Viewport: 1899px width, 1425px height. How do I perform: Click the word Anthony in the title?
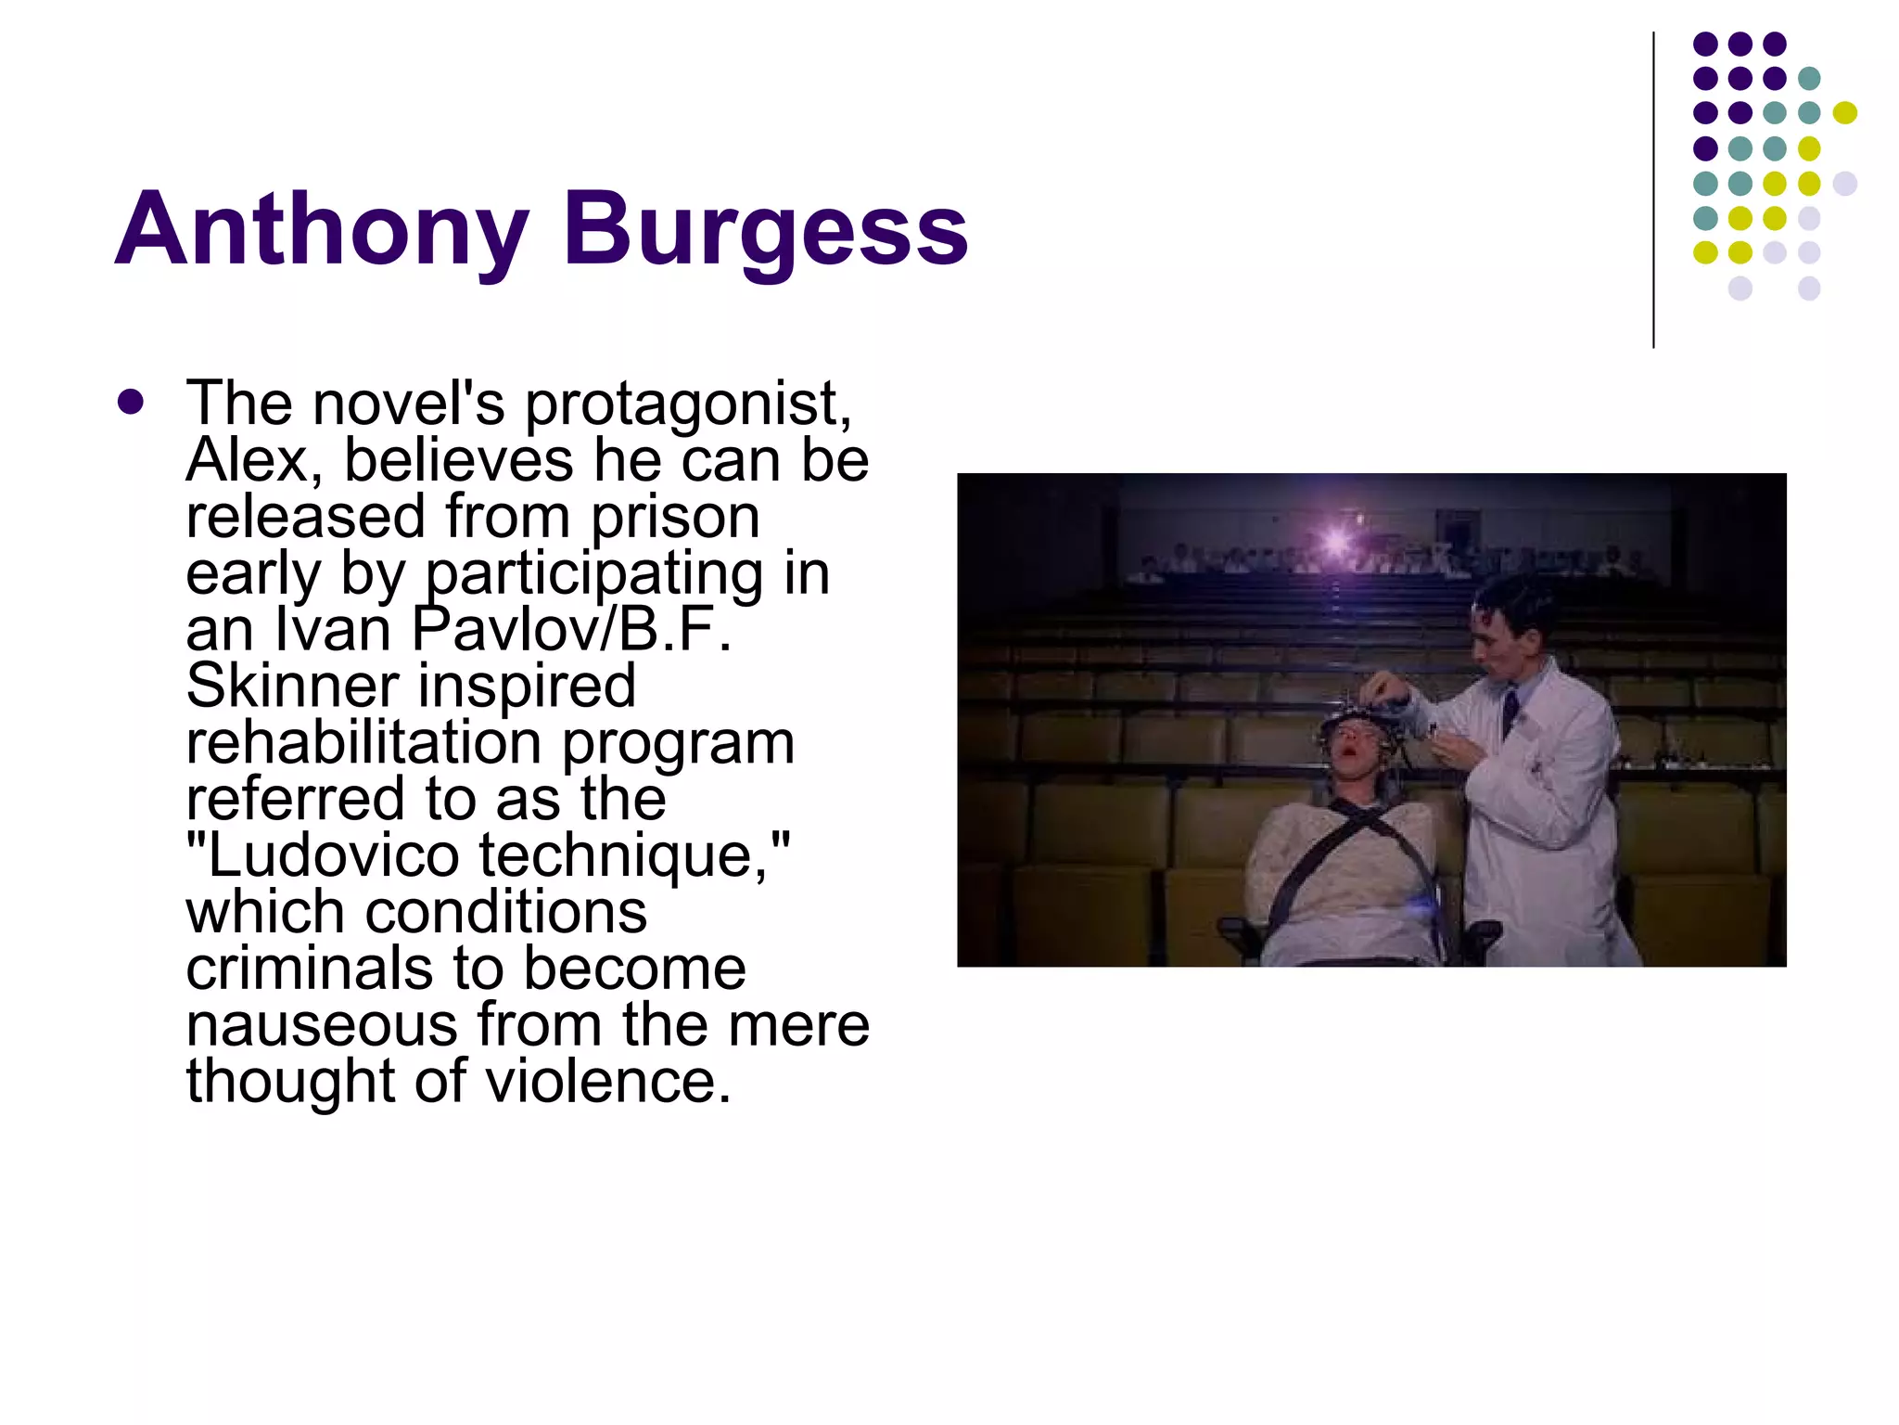click(x=322, y=229)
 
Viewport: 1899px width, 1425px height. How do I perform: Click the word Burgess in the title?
click(x=765, y=229)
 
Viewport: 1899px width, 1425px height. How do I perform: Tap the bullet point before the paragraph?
click(x=131, y=403)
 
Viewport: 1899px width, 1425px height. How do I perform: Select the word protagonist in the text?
click(x=687, y=404)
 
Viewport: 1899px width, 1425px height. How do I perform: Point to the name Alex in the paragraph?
click(x=253, y=460)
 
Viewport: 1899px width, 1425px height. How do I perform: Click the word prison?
click(x=675, y=517)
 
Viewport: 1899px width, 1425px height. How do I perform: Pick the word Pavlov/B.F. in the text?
click(x=571, y=630)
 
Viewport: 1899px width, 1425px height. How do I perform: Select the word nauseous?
click(x=322, y=1026)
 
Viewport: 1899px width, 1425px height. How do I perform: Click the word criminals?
click(x=309, y=969)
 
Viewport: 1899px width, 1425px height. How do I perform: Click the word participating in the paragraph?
click(x=593, y=573)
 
